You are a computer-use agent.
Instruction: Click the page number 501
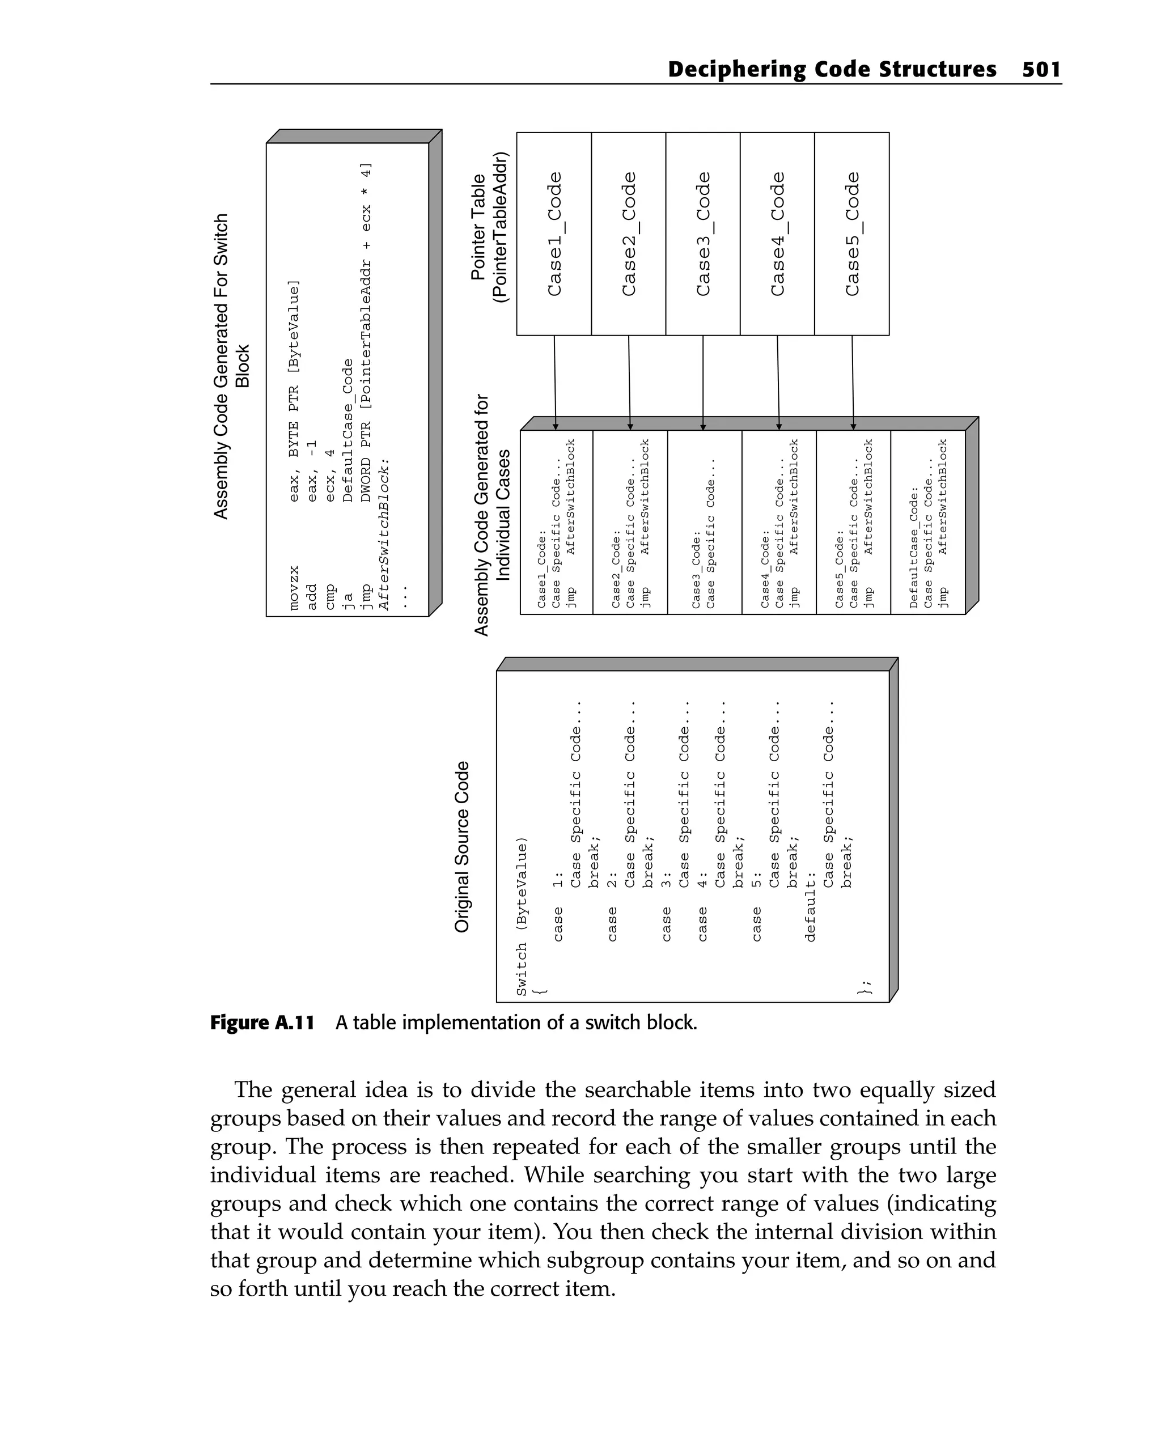tap(1041, 70)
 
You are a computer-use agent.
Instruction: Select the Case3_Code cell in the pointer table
tap(703, 234)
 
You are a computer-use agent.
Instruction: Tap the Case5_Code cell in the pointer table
tap(852, 234)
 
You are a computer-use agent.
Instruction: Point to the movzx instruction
tap(294, 588)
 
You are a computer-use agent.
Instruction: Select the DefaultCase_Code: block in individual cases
tap(928, 523)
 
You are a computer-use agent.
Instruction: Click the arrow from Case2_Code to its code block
tap(629, 381)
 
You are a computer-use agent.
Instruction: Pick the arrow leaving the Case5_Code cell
tap(853, 381)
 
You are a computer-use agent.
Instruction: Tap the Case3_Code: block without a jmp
tap(704, 523)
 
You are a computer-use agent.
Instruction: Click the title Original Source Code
tap(461, 847)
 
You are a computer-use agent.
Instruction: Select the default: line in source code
tap(811, 906)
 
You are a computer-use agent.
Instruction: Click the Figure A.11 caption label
tap(262, 1023)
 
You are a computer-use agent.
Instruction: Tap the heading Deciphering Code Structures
tap(831, 70)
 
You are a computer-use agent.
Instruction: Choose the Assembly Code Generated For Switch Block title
tap(231, 367)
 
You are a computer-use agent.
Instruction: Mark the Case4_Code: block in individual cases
tap(779, 523)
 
